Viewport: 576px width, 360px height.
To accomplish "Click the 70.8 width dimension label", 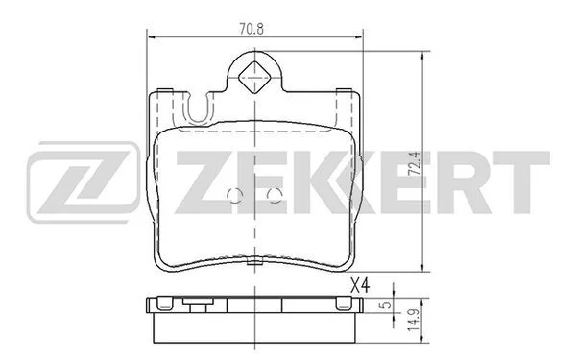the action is (x=252, y=29).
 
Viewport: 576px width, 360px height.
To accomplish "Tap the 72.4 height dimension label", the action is (x=415, y=164).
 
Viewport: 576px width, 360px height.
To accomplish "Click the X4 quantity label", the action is (x=359, y=285).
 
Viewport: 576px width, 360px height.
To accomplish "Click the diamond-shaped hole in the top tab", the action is (x=254, y=78).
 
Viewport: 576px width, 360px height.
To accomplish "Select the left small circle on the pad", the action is (x=235, y=196).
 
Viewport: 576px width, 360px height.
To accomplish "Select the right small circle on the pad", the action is (x=275, y=196).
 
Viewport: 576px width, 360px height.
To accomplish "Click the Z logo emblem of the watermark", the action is (x=84, y=182).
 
